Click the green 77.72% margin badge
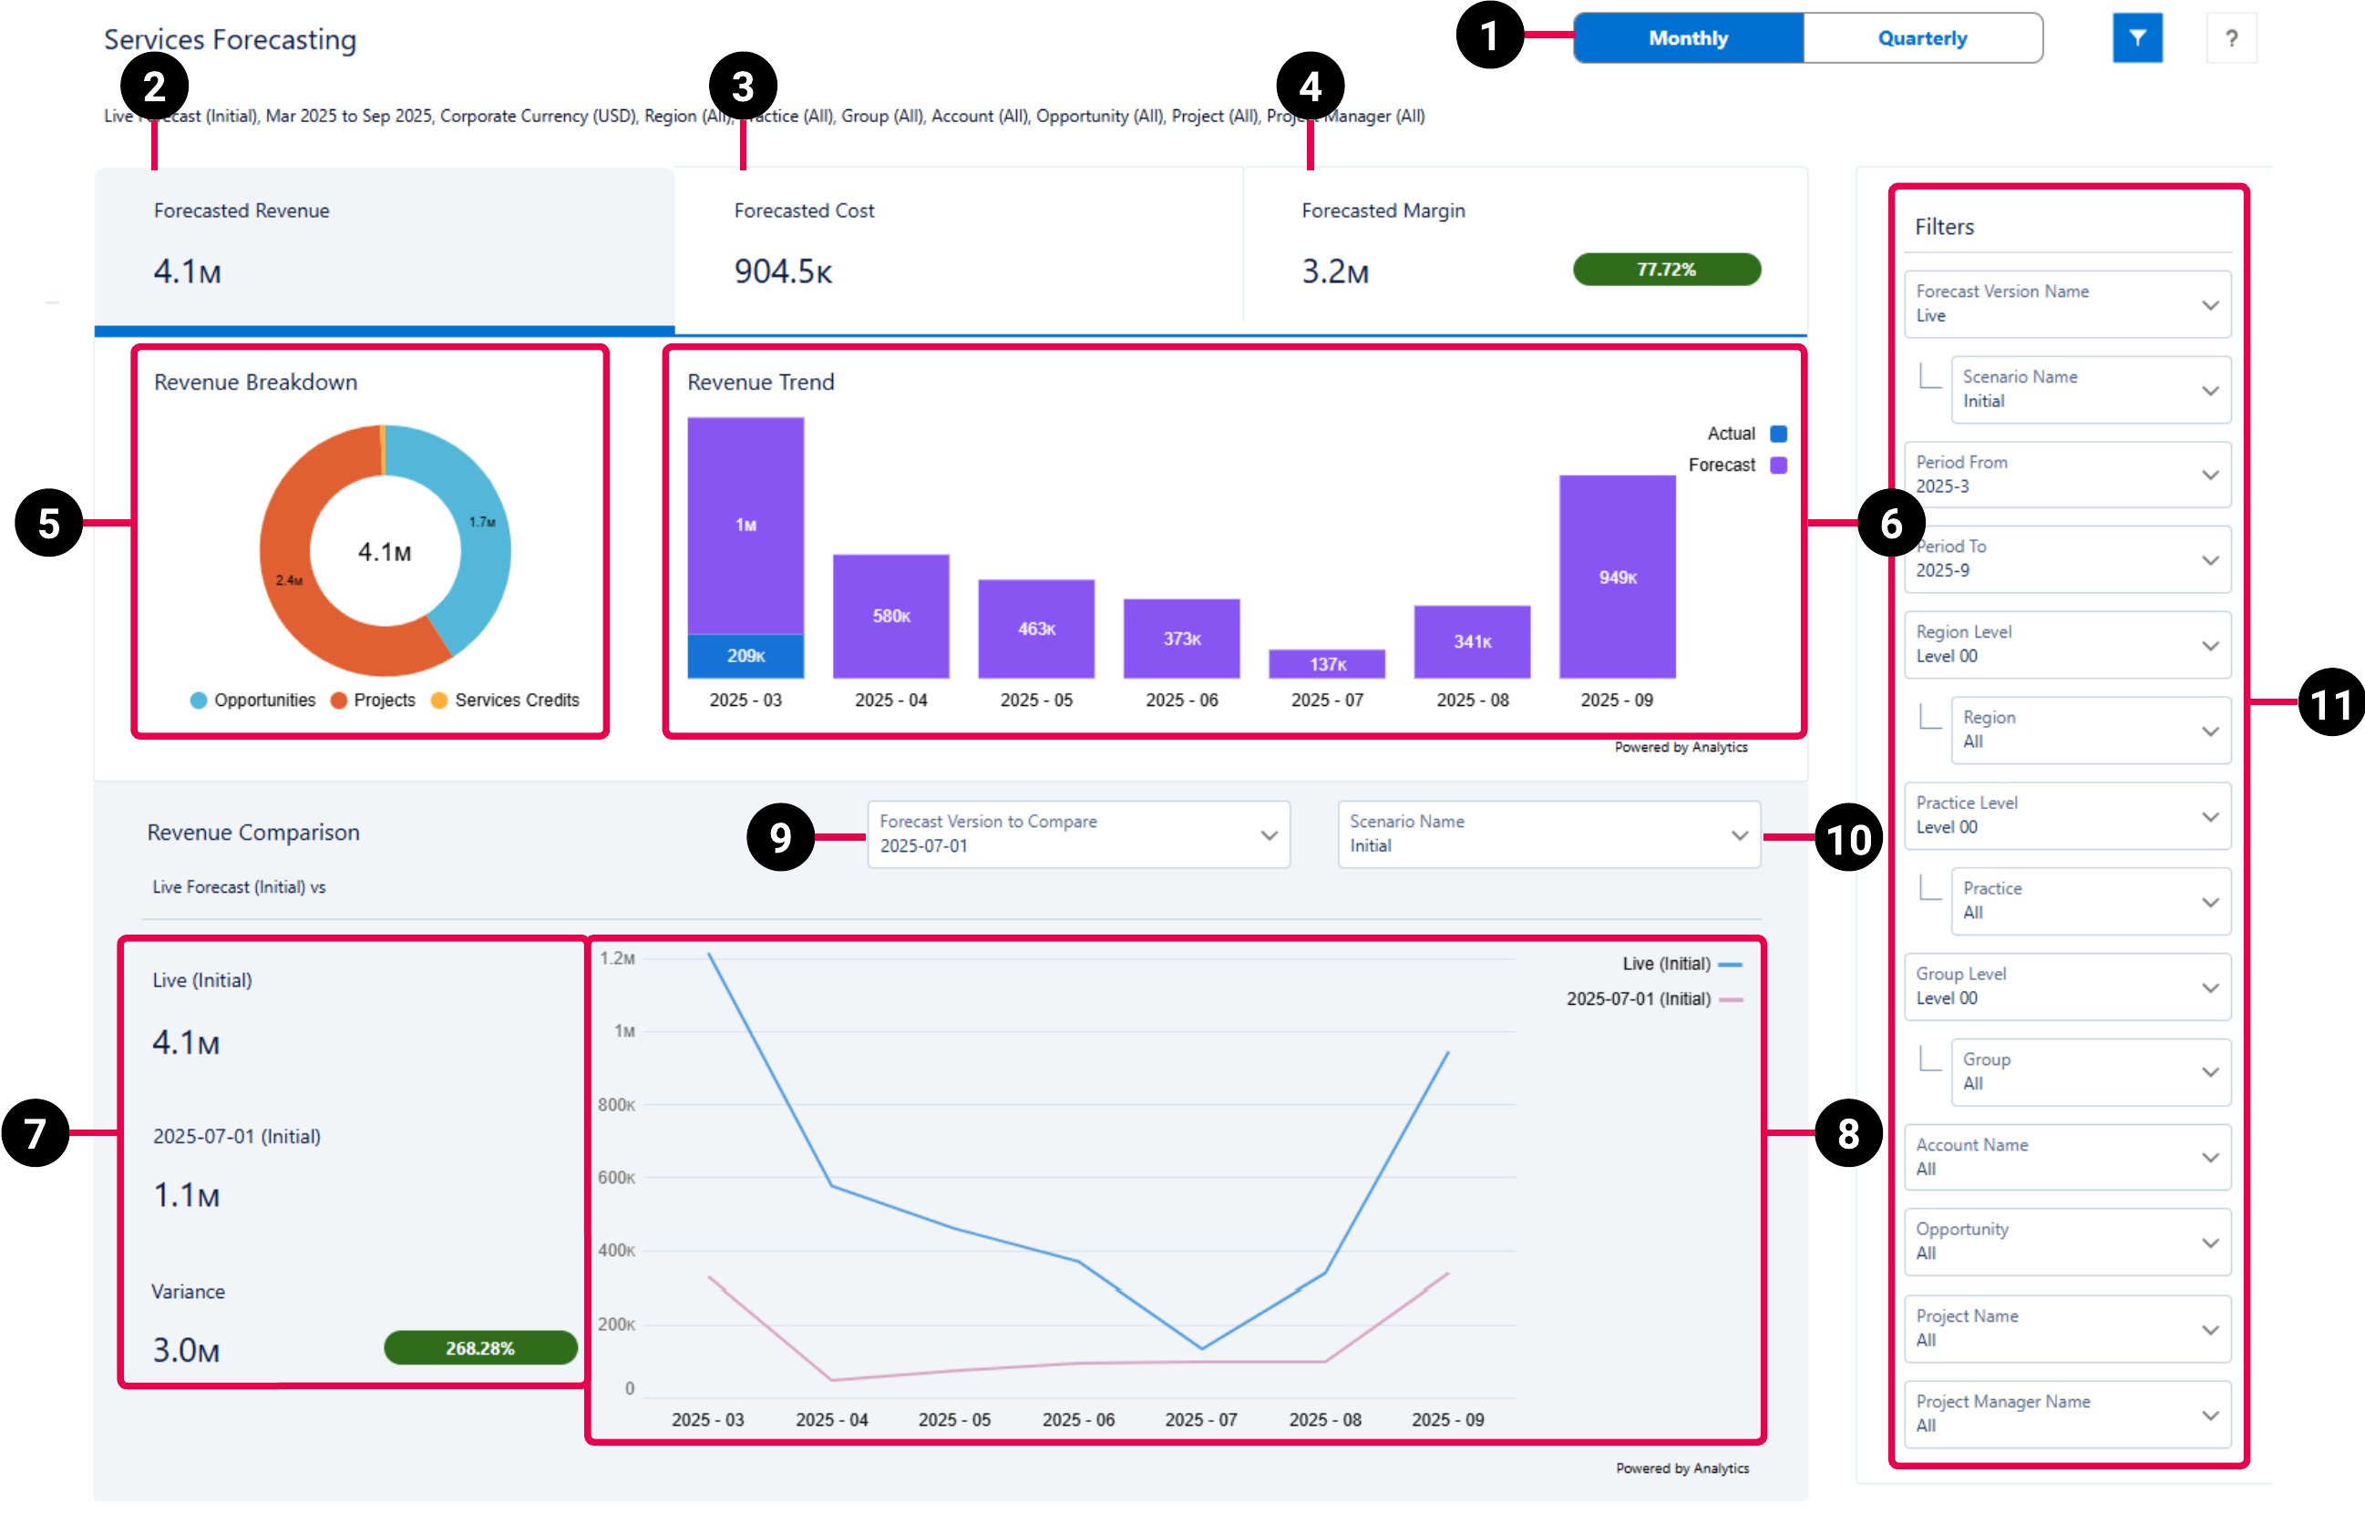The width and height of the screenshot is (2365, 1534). [x=1666, y=270]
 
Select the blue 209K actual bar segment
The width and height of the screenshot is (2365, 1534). [x=745, y=656]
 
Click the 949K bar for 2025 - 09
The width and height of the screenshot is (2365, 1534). [x=1617, y=577]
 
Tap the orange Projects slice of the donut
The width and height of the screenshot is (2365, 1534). [x=298, y=596]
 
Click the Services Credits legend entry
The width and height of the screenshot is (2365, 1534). [x=506, y=701]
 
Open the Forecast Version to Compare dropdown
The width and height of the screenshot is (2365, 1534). [x=1078, y=834]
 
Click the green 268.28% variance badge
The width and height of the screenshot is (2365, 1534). [x=480, y=1348]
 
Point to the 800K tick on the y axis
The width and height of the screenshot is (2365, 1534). [x=616, y=1105]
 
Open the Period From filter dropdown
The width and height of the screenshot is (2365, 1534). [x=2067, y=475]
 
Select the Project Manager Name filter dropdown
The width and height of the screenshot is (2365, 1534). [x=2067, y=1414]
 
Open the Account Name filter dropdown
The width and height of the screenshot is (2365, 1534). [x=2067, y=1158]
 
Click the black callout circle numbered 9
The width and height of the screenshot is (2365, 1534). [x=780, y=837]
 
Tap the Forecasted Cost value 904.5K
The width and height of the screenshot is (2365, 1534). [x=783, y=271]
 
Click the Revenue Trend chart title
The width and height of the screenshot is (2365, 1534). [x=760, y=383]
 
